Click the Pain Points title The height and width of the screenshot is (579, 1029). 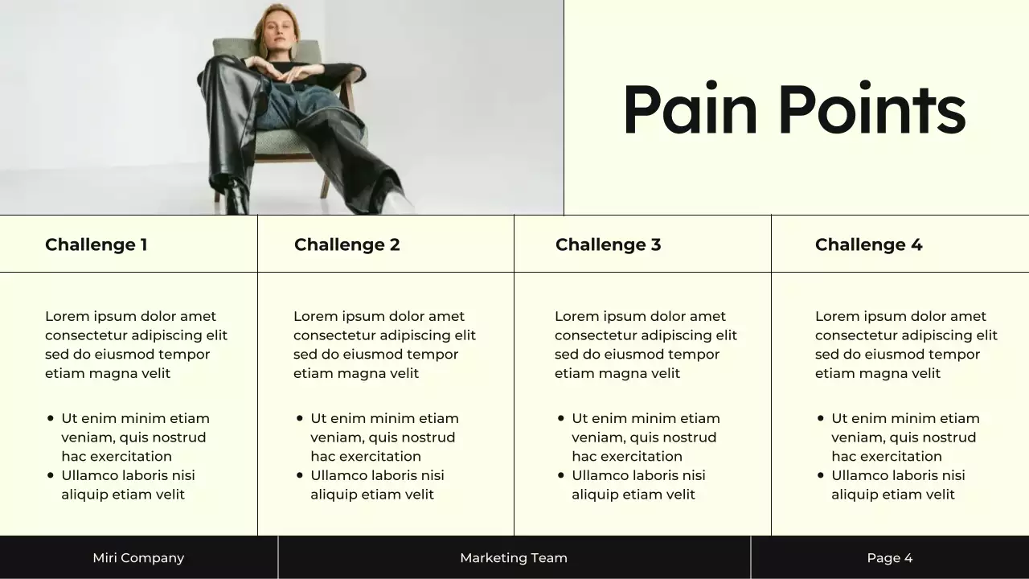click(793, 110)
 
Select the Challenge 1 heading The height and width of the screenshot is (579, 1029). click(96, 244)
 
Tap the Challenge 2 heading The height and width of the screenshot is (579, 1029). click(346, 244)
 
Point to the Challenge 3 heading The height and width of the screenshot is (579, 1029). click(608, 244)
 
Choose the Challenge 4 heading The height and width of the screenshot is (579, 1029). click(868, 244)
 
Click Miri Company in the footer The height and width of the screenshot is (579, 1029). click(138, 558)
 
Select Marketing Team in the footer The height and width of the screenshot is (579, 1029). click(514, 558)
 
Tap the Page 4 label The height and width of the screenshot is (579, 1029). click(890, 558)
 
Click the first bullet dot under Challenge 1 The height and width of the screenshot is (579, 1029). click(51, 418)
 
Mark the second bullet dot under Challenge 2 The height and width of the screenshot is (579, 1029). click(300, 475)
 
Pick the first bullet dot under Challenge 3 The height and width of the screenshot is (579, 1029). click(561, 418)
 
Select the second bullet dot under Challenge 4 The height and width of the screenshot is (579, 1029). click(821, 475)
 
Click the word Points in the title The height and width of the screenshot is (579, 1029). click(871, 110)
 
